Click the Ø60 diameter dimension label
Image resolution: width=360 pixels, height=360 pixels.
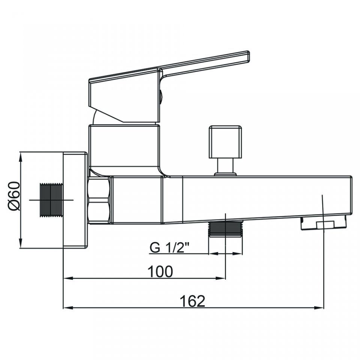(x=14, y=196)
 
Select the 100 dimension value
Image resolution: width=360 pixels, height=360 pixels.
(x=160, y=271)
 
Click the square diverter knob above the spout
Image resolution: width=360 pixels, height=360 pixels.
(x=225, y=142)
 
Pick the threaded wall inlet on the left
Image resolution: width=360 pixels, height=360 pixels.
(x=51, y=200)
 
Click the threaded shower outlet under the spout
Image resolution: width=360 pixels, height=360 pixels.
(x=225, y=229)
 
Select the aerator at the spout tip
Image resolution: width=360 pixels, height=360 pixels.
(x=324, y=223)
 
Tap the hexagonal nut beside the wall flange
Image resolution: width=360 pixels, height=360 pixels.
(x=99, y=200)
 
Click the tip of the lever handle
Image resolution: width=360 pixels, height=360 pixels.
(x=248, y=56)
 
